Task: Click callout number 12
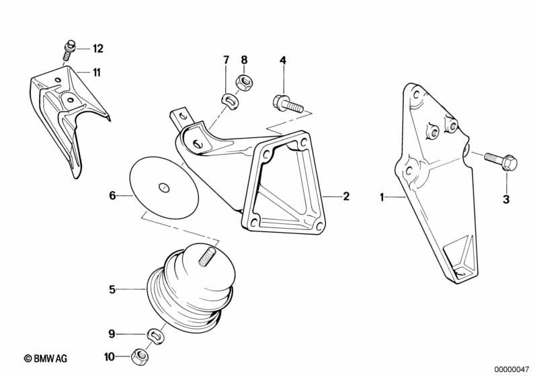[98, 48]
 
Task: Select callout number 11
[97, 72]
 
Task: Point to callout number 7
[226, 61]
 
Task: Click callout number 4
[283, 61]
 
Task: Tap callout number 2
[346, 196]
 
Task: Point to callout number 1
[381, 197]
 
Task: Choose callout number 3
[506, 199]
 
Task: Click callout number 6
[113, 196]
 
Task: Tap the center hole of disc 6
[164, 186]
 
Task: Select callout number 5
[113, 290]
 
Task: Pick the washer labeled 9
[154, 333]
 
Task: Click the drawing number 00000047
[512, 368]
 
